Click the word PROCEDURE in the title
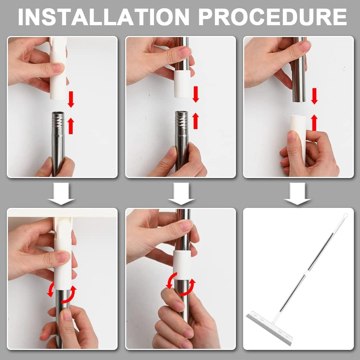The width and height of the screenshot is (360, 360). point(273,17)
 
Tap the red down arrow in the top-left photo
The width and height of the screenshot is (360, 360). point(71,99)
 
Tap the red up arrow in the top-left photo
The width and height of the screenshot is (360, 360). point(71,126)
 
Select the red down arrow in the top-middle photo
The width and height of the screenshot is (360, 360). point(196,94)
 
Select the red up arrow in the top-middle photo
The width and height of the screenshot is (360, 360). point(196,120)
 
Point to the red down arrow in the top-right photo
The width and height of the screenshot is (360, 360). point(314,96)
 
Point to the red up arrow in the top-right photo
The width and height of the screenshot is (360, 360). point(314,123)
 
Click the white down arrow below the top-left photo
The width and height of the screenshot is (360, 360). point(61,193)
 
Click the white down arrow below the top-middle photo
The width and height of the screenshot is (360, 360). point(181,193)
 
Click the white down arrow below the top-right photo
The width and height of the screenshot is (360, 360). point(297,193)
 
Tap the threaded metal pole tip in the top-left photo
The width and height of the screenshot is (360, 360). point(58,119)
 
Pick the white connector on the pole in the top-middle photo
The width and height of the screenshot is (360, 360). point(182,84)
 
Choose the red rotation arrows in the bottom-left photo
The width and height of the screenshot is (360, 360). point(62,292)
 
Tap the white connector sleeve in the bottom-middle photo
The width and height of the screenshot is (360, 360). point(182,264)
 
